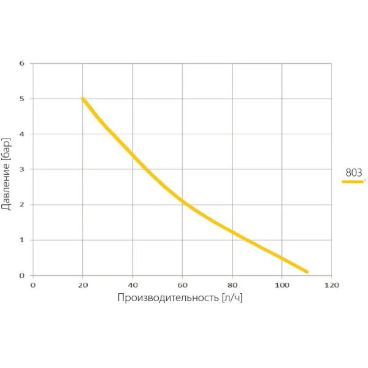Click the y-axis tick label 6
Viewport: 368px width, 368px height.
pyautogui.click(x=21, y=63)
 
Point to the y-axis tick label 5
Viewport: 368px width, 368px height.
pyautogui.click(x=21, y=99)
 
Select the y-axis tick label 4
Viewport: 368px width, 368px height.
pyautogui.click(x=21, y=134)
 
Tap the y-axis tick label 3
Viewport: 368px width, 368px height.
pyautogui.click(x=21, y=169)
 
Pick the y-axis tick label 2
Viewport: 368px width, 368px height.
pyautogui.click(x=21, y=205)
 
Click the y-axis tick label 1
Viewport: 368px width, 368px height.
pyautogui.click(x=21, y=240)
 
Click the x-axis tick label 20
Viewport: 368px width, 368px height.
pyautogui.click(x=83, y=285)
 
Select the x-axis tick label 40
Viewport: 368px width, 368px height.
pyautogui.click(x=132, y=285)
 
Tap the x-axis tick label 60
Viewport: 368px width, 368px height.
pyautogui.click(x=182, y=285)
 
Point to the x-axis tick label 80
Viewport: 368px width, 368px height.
pyautogui.click(x=232, y=285)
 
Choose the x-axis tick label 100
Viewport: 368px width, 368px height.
pyautogui.click(x=282, y=285)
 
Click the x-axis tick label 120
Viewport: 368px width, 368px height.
pyautogui.click(x=331, y=285)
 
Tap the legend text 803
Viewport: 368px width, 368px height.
pyautogui.click(x=354, y=173)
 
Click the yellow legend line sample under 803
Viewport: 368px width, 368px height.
pyautogui.click(x=353, y=182)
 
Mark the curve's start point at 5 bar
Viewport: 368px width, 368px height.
pyautogui.click(x=83, y=99)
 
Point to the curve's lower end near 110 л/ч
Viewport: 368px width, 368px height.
pyautogui.click(x=306, y=271)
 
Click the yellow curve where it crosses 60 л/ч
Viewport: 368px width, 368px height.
pyautogui.click(x=182, y=201)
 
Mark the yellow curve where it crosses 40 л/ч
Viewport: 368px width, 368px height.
pyautogui.click(x=132, y=155)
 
